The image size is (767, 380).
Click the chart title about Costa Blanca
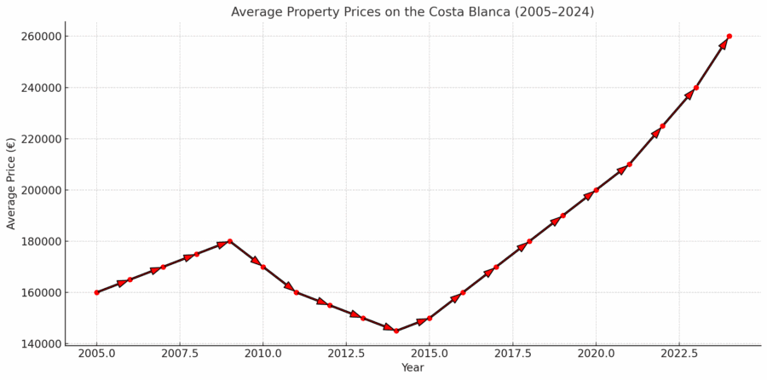coord(412,12)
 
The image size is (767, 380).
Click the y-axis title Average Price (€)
coord(12,183)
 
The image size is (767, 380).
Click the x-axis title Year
coord(412,368)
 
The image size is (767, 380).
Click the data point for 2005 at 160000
coord(96,292)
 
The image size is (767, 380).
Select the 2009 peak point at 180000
coord(229,241)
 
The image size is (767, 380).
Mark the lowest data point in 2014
coord(396,331)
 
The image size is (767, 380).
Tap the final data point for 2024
coord(730,37)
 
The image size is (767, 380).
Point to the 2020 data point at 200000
coord(596,190)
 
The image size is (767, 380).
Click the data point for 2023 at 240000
coord(696,88)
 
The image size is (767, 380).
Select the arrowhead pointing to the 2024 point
coord(724,44)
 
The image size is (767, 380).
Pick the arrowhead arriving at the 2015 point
coord(422,321)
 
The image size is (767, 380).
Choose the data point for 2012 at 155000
coord(330,305)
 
